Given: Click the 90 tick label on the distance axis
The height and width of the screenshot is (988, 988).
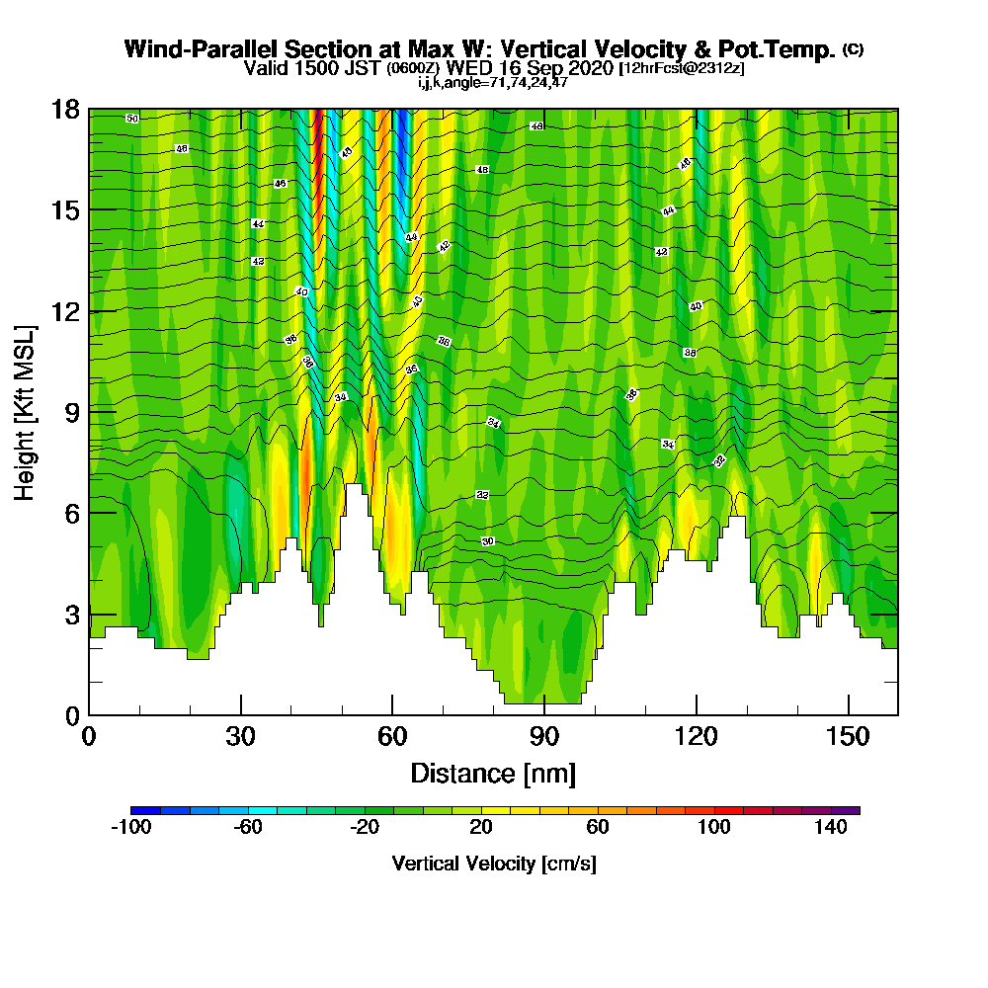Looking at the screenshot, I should [x=544, y=736].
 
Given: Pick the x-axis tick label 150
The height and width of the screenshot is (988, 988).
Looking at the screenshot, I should [x=848, y=736].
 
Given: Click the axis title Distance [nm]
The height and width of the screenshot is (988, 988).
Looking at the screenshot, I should [x=493, y=773].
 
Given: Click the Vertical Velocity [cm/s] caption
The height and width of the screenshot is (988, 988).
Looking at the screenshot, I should [x=494, y=864].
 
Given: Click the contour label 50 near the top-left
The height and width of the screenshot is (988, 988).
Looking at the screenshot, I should [x=132, y=119].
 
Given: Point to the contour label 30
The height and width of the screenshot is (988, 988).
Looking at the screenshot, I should [x=487, y=541].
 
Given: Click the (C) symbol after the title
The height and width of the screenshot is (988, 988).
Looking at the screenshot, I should [x=853, y=49].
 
